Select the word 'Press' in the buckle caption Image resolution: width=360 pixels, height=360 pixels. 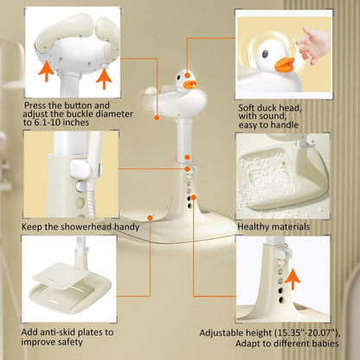pyautogui.click(x=37, y=108)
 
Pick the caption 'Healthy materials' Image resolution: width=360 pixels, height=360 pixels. pyautogui.click(x=273, y=227)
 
